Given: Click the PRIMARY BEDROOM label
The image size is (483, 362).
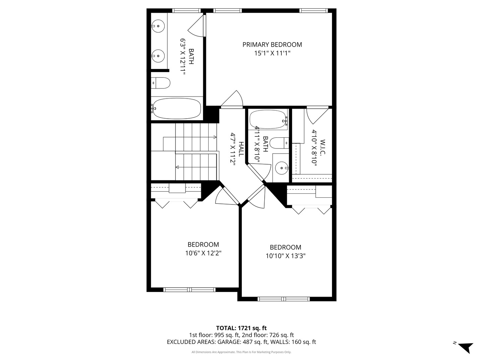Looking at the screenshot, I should click(x=272, y=45).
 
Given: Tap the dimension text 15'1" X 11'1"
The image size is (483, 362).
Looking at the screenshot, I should click(x=272, y=53).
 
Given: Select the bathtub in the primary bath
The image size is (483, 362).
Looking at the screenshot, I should click(x=176, y=108).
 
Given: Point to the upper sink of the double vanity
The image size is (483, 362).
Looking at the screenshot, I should click(x=157, y=25).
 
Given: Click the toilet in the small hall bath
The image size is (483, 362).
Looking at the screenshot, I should click(x=279, y=143).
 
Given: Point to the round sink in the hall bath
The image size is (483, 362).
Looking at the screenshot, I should click(x=281, y=167).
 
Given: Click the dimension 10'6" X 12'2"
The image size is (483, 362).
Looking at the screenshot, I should click(x=203, y=253).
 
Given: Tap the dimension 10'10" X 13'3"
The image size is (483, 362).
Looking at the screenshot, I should click(x=285, y=256).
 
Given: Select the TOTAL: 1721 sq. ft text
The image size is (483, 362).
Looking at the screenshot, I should click(x=241, y=328).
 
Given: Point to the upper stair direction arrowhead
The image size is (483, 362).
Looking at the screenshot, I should click(x=215, y=137).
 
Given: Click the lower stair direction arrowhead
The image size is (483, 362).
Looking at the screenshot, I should click(x=177, y=167).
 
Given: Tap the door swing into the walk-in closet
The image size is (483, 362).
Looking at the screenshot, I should click(x=317, y=115).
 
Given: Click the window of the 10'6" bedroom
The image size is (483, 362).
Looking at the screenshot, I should click(x=190, y=290).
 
